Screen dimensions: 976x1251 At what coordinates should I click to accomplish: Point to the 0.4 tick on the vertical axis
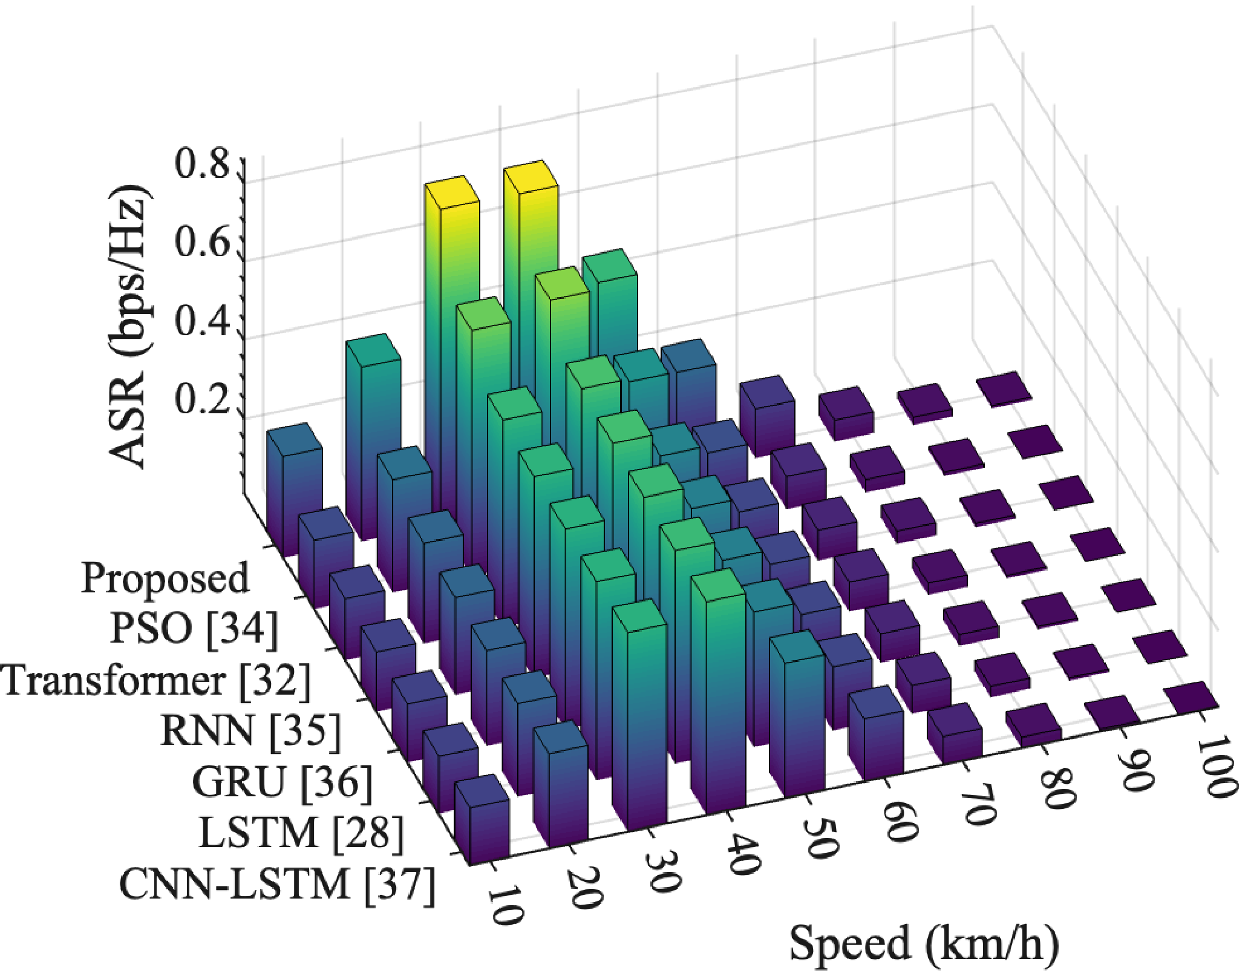tap(202, 321)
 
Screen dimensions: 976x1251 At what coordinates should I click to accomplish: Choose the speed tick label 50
tap(821, 839)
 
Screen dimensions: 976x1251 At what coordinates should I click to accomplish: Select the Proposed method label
tap(165, 578)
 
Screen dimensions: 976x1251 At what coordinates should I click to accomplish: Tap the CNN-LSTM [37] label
tap(277, 885)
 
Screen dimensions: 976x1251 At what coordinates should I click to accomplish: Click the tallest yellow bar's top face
tap(531, 177)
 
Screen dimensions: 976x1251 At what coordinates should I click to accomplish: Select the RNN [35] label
tap(250, 730)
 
